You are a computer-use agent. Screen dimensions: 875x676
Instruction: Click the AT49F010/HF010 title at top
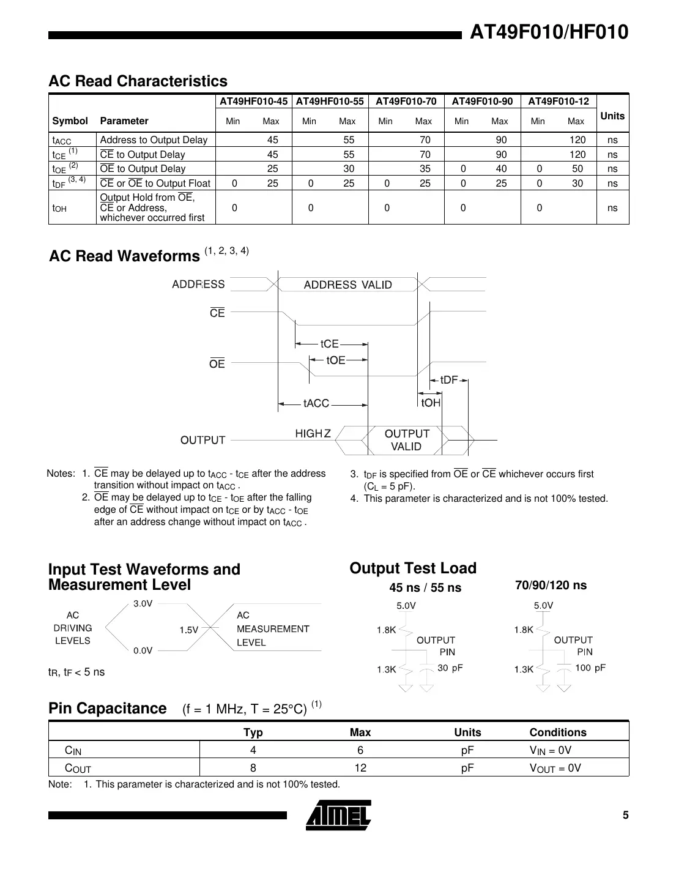pyautogui.click(x=549, y=32)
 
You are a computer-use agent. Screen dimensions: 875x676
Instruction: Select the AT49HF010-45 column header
pyautogui.click(x=253, y=102)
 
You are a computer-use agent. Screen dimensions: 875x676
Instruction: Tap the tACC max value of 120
pyautogui.click(x=577, y=140)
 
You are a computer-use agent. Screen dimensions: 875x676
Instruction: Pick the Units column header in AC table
pyautogui.click(x=612, y=116)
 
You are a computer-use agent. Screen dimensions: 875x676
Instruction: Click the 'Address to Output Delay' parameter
pyautogui.click(x=154, y=140)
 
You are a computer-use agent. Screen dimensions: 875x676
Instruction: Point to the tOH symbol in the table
pyautogui.click(x=60, y=208)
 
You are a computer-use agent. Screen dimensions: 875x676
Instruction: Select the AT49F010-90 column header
pyautogui.click(x=482, y=102)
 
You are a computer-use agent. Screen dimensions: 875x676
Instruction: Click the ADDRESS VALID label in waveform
pyautogui.click(x=347, y=285)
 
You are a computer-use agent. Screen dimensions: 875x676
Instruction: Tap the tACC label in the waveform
pyautogui.click(x=316, y=403)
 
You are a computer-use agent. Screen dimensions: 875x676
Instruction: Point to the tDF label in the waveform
pyautogui.click(x=448, y=380)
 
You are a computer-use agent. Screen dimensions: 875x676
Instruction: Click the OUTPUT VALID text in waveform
pyautogui.click(x=407, y=440)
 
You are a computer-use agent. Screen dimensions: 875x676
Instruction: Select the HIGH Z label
pyautogui.click(x=313, y=433)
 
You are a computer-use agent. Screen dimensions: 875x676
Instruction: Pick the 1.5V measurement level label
pyautogui.click(x=189, y=630)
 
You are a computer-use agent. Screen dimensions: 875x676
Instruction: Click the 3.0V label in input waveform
pyautogui.click(x=143, y=603)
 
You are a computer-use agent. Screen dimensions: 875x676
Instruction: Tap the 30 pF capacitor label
pyautogui.click(x=450, y=668)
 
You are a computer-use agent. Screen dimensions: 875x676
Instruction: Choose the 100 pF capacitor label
pyautogui.click(x=590, y=668)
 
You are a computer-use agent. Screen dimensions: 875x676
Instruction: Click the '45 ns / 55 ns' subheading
pyautogui.click(x=425, y=587)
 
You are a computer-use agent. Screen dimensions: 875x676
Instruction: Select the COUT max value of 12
pyautogui.click(x=360, y=767)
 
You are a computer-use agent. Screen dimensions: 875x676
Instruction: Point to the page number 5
pyautogui.click(x=625, y=814)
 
